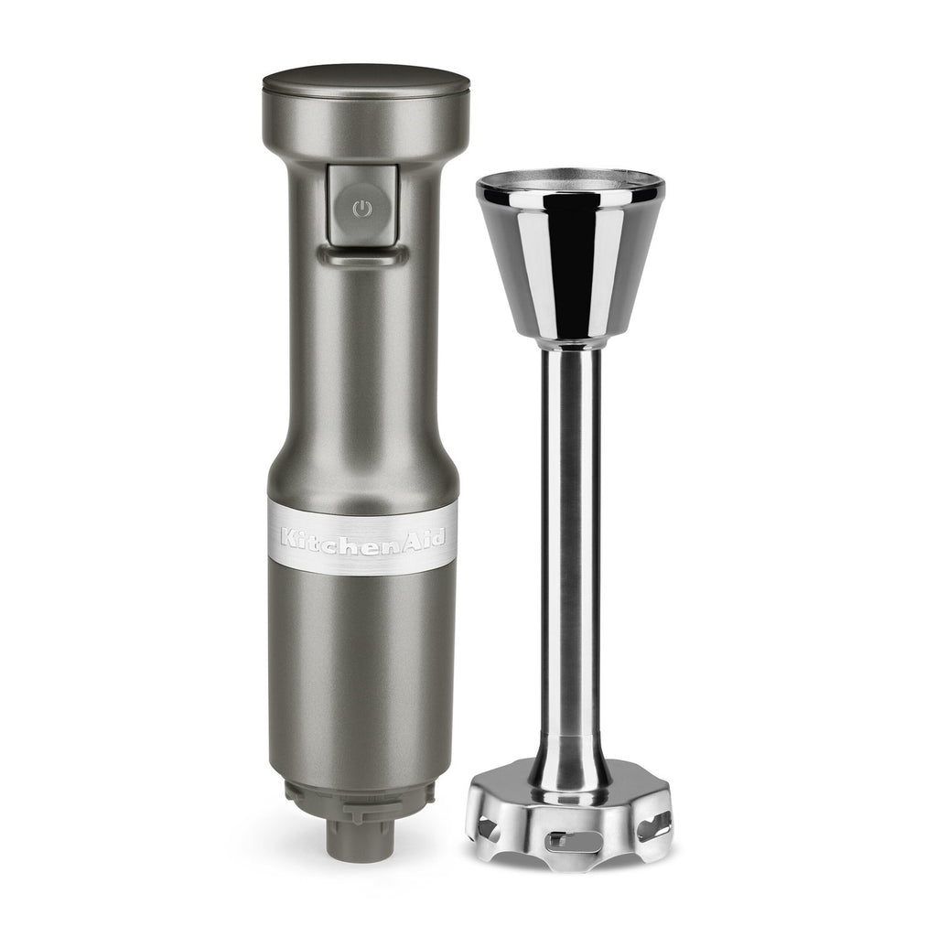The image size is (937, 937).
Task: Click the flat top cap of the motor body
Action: (x=366, y=82)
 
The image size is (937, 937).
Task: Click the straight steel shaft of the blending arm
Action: (x=570, y=538)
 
